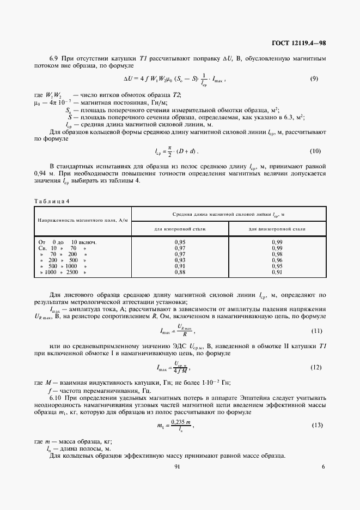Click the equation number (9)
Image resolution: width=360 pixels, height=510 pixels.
[314, 79]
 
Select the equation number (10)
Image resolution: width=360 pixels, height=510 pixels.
[314, 151]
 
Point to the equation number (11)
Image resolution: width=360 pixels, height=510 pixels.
[316, 331]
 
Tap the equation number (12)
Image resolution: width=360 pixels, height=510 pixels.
[316, 368]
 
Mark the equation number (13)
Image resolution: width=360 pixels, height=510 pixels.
[316, 424]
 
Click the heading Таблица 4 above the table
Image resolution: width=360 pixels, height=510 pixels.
[52, 201]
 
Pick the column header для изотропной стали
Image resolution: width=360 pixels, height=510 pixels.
[180, 229]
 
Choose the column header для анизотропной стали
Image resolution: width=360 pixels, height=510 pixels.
[277, 229]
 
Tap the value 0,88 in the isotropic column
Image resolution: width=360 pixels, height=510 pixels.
[180, 272]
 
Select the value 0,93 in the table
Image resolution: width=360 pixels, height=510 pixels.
[180, 260]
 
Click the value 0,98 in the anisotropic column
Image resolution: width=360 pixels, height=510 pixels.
[277, 254]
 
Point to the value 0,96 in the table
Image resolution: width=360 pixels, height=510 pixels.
[277, 260]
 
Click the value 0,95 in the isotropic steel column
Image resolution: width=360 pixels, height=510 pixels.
[180, 241]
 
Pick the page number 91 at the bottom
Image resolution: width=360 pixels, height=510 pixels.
[177, 467]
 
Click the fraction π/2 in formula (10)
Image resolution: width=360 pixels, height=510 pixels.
[170, 151]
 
